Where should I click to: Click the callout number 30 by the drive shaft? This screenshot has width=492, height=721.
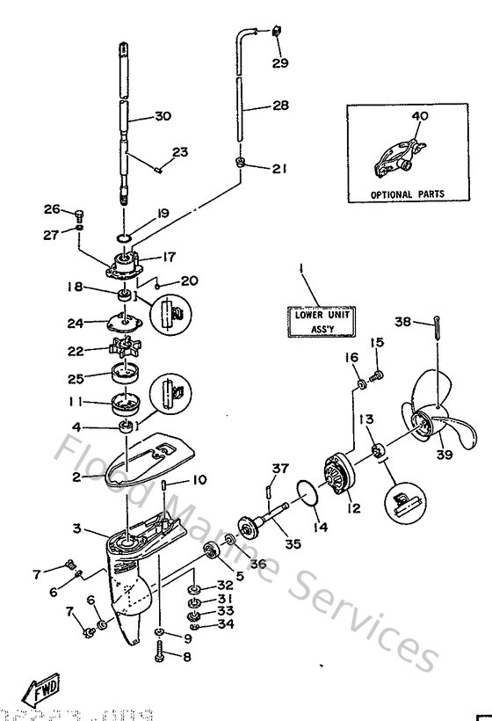[163, 116]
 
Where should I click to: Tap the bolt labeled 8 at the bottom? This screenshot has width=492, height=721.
[160, 651]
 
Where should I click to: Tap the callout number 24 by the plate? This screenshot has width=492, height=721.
[76, 322]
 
